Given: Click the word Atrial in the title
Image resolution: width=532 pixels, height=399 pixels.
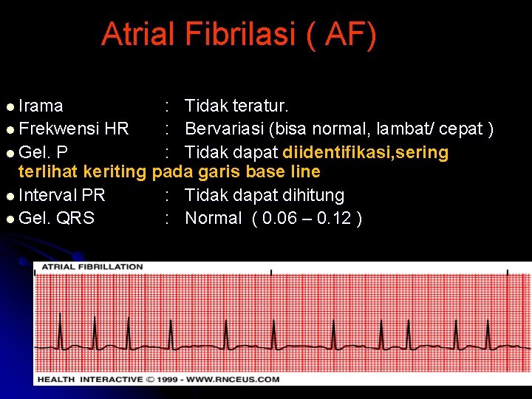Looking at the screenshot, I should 140,34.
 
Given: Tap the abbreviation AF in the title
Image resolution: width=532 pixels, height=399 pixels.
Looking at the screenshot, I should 342,34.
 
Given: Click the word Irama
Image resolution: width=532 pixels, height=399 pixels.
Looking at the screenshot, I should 41,106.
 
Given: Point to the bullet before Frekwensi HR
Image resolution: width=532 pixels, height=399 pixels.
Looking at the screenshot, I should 9,129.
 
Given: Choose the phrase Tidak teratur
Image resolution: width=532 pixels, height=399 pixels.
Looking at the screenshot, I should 236,106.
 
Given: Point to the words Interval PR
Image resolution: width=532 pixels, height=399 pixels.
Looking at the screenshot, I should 61,195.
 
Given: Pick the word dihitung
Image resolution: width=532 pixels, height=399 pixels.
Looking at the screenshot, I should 313,195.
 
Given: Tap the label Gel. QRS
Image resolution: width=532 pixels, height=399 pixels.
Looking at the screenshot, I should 56,218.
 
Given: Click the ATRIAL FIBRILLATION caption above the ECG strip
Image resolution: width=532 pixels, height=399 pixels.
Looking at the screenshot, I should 92,267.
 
